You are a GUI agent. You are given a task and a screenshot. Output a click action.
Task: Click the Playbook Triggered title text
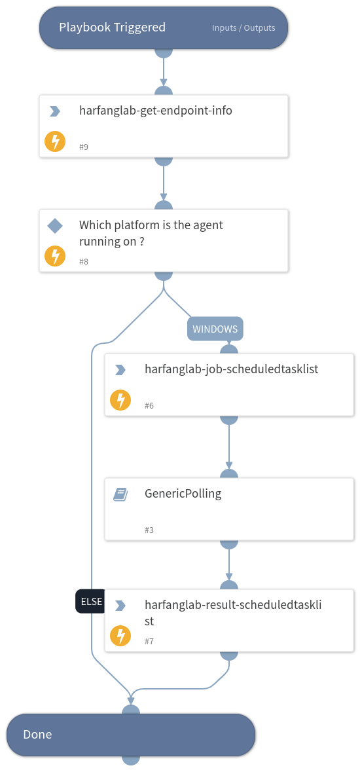pos(112,28)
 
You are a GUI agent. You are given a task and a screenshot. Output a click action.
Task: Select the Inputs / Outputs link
pos(243,28)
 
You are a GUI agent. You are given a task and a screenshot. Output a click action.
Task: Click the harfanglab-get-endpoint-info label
pos(155,111)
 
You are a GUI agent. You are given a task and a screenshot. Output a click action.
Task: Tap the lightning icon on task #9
pos(55,141)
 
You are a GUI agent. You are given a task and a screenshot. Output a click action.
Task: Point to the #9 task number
pos(84,147)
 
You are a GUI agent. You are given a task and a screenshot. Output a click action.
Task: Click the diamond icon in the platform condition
pos(55,226)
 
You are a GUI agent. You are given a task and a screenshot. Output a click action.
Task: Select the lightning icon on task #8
pos(55,256)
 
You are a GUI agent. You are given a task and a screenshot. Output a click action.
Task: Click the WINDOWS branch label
pos(215,329)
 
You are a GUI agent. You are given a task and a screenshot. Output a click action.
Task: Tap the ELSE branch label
pos(90,601)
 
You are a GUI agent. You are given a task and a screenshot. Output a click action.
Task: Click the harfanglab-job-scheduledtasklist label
pos(231,369)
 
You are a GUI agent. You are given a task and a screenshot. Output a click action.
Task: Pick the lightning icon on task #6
pos(120,400)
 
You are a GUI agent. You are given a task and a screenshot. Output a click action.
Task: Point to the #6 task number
pos(149,406)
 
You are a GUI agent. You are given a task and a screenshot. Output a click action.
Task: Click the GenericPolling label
pos(183,494)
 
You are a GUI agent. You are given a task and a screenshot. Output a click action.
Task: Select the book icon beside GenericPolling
pos(120,494)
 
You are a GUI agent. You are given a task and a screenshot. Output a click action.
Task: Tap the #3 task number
pos(149,530)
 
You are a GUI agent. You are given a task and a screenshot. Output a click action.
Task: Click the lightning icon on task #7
pos(120,636)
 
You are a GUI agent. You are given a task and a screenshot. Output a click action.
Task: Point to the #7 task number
pos(149,642)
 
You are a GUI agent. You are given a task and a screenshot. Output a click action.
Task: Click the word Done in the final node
pos(37,735)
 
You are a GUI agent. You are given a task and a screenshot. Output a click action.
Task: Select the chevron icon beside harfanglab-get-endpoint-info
pos(55,111)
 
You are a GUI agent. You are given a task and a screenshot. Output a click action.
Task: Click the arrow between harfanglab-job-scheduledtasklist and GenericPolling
pos(229,445)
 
